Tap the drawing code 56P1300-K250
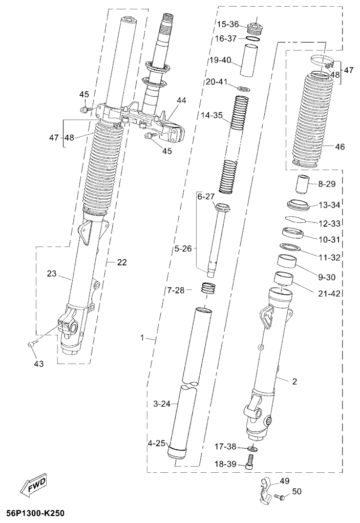pyautogui.click(x=33, y=513)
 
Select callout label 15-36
pyautogui.click(x=228, y=25)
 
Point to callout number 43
pyautogui.click(x=39, y=364)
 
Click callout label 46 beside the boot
pyautogui.click(x=340, y=147)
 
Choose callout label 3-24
pyautogui.click(x=162, y=404)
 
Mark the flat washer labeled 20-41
pyautogui.click(x=244, y=89)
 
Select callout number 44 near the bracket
pyautogui.click(x=182, y=100)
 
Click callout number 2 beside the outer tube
pyautogui.click(x=294, y=382)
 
